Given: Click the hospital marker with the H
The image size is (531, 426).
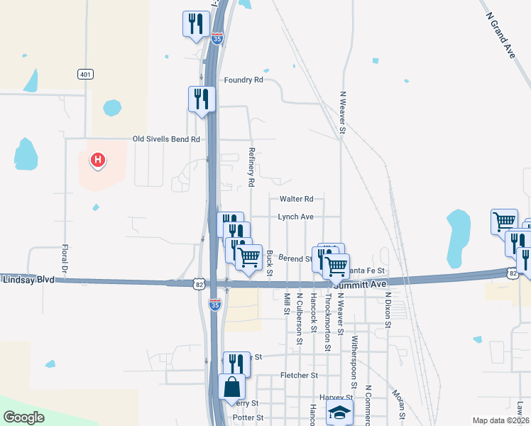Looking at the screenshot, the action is (98, 160).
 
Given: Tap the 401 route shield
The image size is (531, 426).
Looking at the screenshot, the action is (85, 74).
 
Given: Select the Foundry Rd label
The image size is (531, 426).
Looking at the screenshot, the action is (243, 80).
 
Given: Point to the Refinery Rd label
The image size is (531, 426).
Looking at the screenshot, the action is (251, 167).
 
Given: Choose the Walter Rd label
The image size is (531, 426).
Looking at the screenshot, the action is (296, 200).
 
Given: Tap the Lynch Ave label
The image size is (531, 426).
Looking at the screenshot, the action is (295, 217).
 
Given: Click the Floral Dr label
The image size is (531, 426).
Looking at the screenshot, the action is (64, 260).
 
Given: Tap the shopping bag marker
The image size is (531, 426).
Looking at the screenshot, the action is (232, 388).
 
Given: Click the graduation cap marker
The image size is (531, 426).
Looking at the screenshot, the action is (339, 412).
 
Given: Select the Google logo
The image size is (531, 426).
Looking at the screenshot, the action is (24, 417).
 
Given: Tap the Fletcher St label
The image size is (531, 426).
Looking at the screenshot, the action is (298, 375).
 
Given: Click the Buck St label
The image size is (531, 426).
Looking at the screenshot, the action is (270, 261).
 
